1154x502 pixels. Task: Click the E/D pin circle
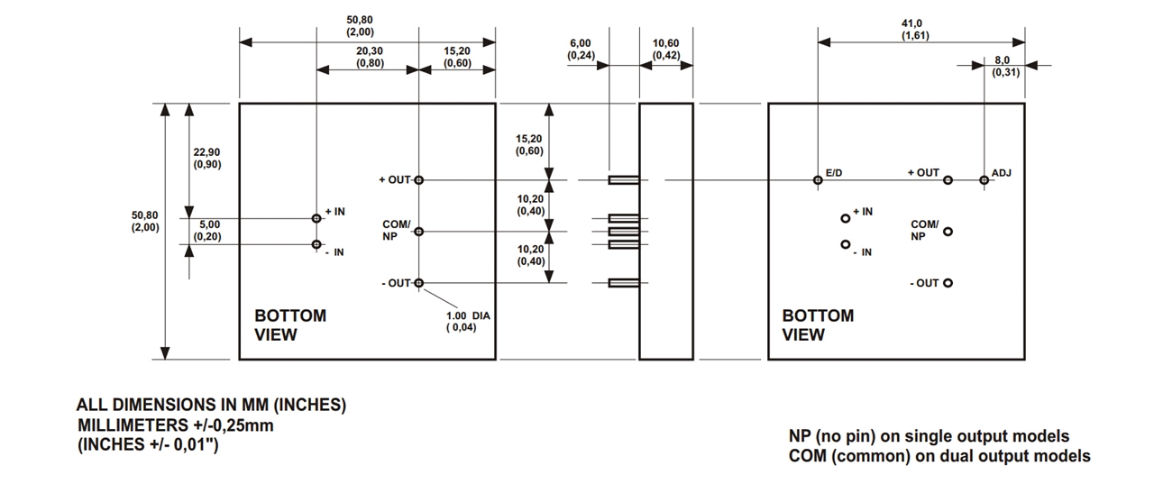click(818, 180)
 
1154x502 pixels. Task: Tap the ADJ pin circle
click(984, 180)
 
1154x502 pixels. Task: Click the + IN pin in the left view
click(316, 218)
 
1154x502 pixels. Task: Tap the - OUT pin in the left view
click(419, 283)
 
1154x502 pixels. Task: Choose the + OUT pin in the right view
click(948, 180)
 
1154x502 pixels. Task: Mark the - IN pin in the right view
click(846, 244)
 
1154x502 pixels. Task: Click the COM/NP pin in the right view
click(948, 232)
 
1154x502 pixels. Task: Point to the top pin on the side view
click(624, 180)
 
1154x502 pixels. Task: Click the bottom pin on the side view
click(624, 283)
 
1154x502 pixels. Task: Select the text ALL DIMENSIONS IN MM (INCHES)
click(211, 406)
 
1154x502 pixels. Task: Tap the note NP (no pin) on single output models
click(929, 436)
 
